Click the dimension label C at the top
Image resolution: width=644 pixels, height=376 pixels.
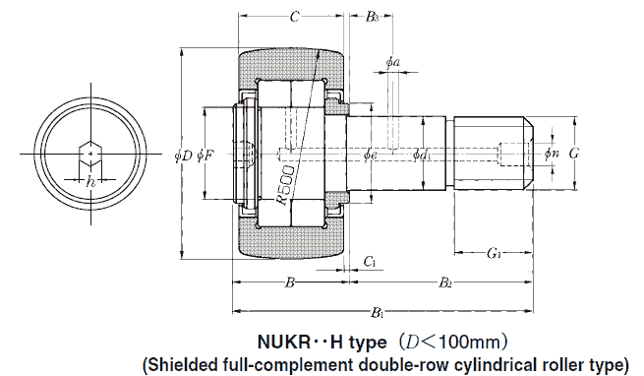pos(294,17)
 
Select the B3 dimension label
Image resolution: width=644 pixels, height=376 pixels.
pos(371,17)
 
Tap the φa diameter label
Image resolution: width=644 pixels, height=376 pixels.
pos(392,62)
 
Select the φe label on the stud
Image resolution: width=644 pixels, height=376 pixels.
pos(370,155)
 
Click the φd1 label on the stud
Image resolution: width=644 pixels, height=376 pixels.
pos(422,155)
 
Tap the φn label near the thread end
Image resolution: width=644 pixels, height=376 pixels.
pos(551,154)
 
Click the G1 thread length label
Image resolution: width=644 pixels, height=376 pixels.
pos(495,255)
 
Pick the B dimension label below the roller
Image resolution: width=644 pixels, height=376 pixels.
pos(289,283)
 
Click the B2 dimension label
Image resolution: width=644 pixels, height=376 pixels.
pos(444,283)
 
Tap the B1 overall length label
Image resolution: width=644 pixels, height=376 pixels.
pos(378,312)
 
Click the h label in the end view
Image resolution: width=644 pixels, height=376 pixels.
pos(90,181)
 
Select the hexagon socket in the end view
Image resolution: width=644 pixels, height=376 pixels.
pos(89,154)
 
